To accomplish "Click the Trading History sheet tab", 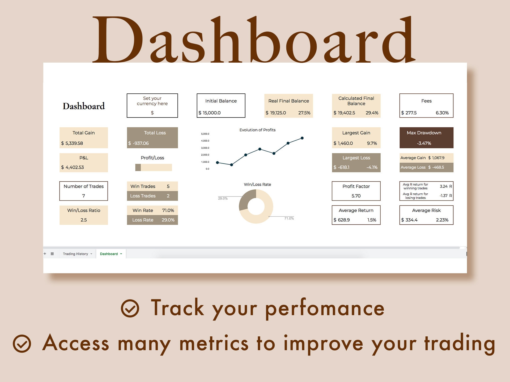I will pos(75,254).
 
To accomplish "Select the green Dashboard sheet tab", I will pos(109,254).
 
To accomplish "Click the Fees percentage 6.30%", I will pos(442,113).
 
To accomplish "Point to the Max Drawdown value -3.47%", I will pos(424,143).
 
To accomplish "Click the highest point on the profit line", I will pos(302,138).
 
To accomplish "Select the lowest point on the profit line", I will pos(232,165).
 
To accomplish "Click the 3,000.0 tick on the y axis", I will pos(205,148).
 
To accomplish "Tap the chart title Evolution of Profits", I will pos(257,130).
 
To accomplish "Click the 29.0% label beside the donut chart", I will pos(223,198).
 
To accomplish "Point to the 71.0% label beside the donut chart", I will pos(289,218).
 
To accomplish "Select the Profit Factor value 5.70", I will pos(356,196).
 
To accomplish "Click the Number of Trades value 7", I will pos(84,196).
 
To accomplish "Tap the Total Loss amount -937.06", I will pos(141,143).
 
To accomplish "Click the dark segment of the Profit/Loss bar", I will pos(138,167).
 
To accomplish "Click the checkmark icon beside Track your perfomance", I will pos(130,309).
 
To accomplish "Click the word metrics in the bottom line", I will pos(214,344).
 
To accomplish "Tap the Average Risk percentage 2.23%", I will pos(442,220).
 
